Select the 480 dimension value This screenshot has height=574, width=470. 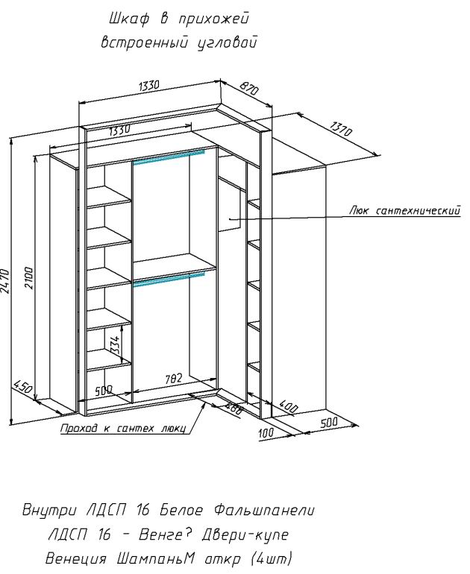point(234,409)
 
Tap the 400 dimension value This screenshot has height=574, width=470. point(289,409)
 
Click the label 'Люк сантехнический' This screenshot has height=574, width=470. point(403,211)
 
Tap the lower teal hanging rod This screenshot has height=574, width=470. point(168,278)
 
